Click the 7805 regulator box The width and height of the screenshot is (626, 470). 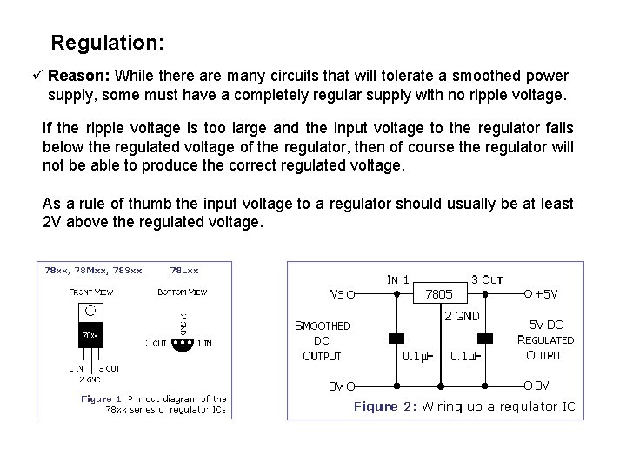pos(432,294)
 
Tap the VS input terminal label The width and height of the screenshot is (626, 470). pos(339,293)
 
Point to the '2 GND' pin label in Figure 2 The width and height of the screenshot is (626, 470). pos(463,316)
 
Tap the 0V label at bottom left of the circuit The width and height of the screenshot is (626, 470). pos(338,384)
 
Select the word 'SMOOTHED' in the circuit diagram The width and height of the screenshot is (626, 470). pos(323,326)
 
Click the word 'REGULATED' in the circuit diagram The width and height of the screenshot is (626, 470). pos(545,340)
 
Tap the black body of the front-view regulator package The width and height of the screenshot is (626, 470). pos(91,334)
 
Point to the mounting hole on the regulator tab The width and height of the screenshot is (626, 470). pos(91,309)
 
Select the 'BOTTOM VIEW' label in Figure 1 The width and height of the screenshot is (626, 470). pos(183,292)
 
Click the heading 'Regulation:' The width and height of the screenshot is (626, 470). pos(107,42)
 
